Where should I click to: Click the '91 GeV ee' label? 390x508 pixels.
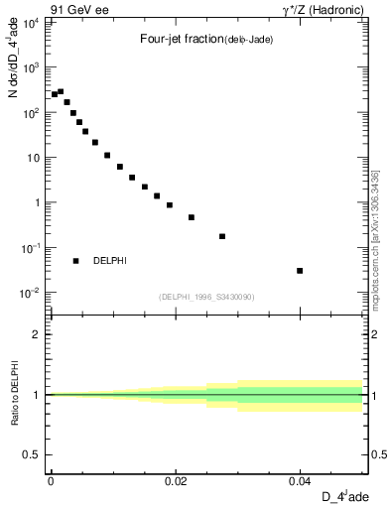pyautogui.click(x=78, y=10)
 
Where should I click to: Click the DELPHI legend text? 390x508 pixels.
pyautogui.click(x=109, y=261)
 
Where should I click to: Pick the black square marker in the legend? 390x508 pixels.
pyautogui.click(x=75, y=261)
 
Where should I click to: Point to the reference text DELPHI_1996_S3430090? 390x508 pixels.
pyautogui.click(x=206, y=297)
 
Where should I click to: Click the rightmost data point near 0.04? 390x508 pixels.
pyautogui.click(x=300, y=271)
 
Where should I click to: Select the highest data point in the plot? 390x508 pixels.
pyautogui.click(x=61, y=91)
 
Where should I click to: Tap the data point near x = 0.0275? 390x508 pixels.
pyautogui.click(x=222, y=236)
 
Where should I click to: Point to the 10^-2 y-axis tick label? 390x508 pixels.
pyautogui.click(x=32, y=293)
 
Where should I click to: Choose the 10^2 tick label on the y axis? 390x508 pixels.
pyautogui.click(x=32, y=112)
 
